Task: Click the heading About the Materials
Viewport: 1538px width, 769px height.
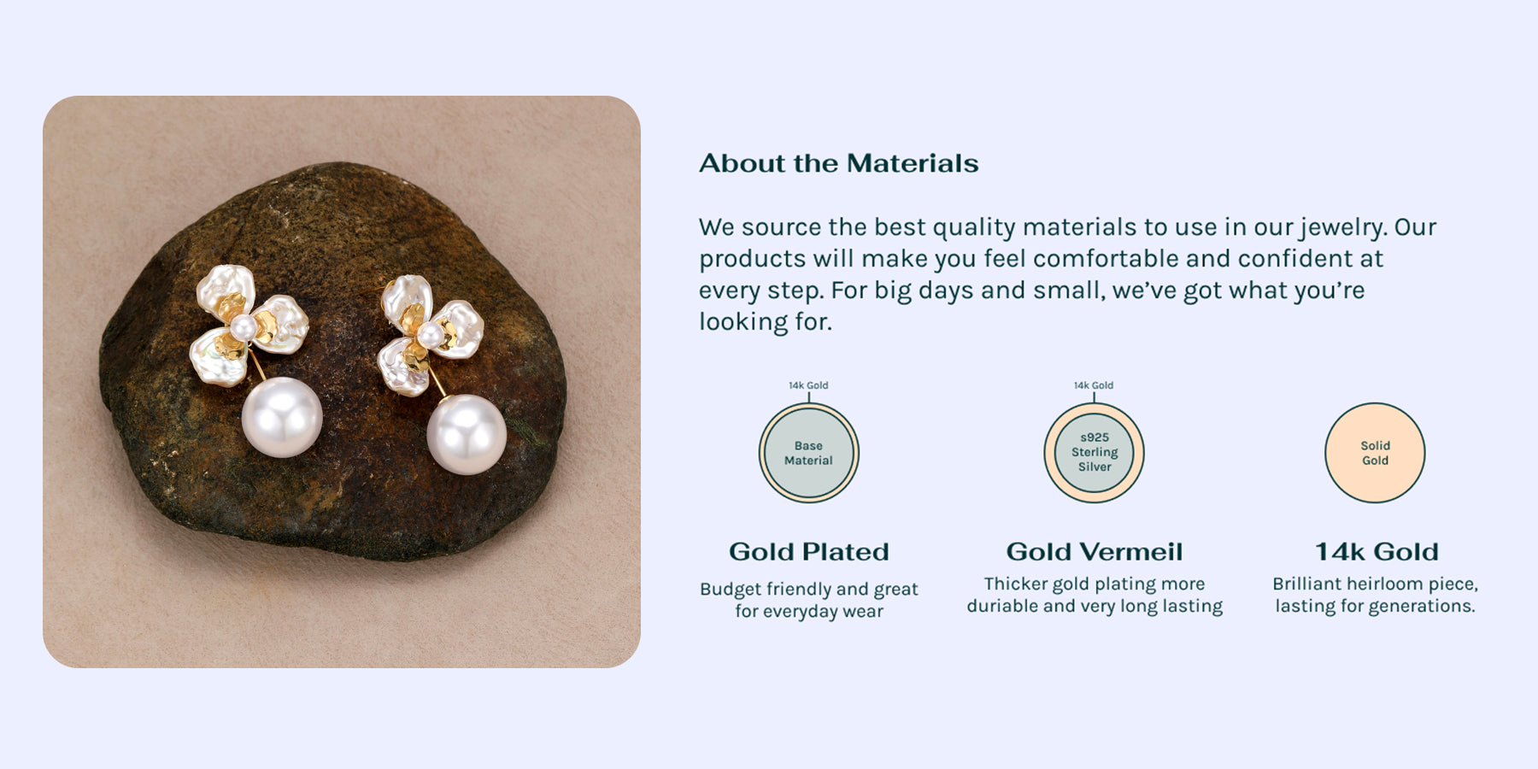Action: [838, 163]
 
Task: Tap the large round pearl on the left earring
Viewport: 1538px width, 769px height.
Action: [282, 417]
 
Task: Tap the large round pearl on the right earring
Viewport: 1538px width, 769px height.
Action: [467, 434]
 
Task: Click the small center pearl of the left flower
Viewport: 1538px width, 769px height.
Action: [244, 327]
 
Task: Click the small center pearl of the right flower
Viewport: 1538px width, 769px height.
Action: [431, 334]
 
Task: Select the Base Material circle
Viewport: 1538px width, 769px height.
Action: [808, 453]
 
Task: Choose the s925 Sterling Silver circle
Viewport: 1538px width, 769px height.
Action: [1094, 453]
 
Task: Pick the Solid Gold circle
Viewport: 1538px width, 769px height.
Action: [1375, 453]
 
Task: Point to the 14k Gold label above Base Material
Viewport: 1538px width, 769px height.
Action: [808, 385]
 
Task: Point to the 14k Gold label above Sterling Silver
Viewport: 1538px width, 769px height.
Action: [1094, 385]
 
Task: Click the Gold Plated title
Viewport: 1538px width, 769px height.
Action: [809, 552]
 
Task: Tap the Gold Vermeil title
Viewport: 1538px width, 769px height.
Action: [1095, 552]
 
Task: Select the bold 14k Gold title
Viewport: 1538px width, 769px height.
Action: [1377, 552]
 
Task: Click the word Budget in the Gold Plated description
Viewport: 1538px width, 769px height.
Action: [731, 590]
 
